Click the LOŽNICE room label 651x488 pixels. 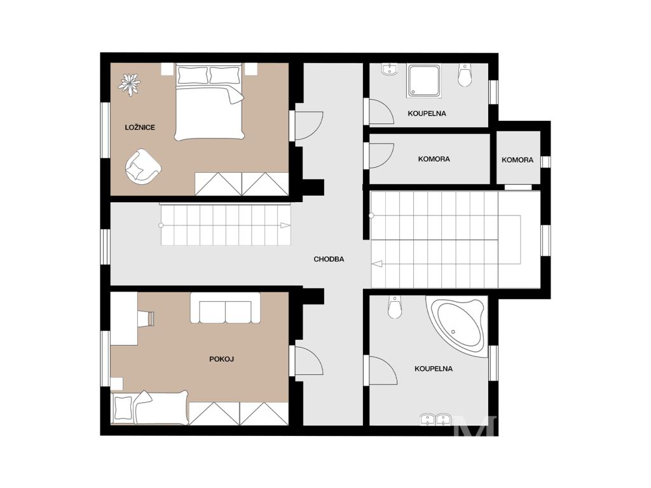coord(140,127)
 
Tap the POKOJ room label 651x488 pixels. coord(221,359)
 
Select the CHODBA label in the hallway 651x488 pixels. coord(329,259)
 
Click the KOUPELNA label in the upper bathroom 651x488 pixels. coord(427,113)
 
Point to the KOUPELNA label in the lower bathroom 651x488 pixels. coord(434,369)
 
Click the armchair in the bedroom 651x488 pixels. coord(142,166)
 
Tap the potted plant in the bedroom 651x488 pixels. coord(130,85)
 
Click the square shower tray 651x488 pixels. coord(424,81)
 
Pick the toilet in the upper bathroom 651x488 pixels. coord(465,75)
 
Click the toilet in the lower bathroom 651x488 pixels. coord(395,307)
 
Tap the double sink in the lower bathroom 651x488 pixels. coord(435,419)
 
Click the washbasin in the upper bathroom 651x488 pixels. coord(389,69)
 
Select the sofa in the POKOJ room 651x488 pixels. coord(226,308)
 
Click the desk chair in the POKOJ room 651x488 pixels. coord(149,318)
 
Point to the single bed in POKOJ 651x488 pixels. coord(150,407)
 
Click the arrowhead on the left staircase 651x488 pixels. coord(285,226)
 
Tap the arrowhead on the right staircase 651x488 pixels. coord(377,264)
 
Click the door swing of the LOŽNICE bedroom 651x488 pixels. coord(310,126)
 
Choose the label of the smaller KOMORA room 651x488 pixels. coord(517,159)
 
